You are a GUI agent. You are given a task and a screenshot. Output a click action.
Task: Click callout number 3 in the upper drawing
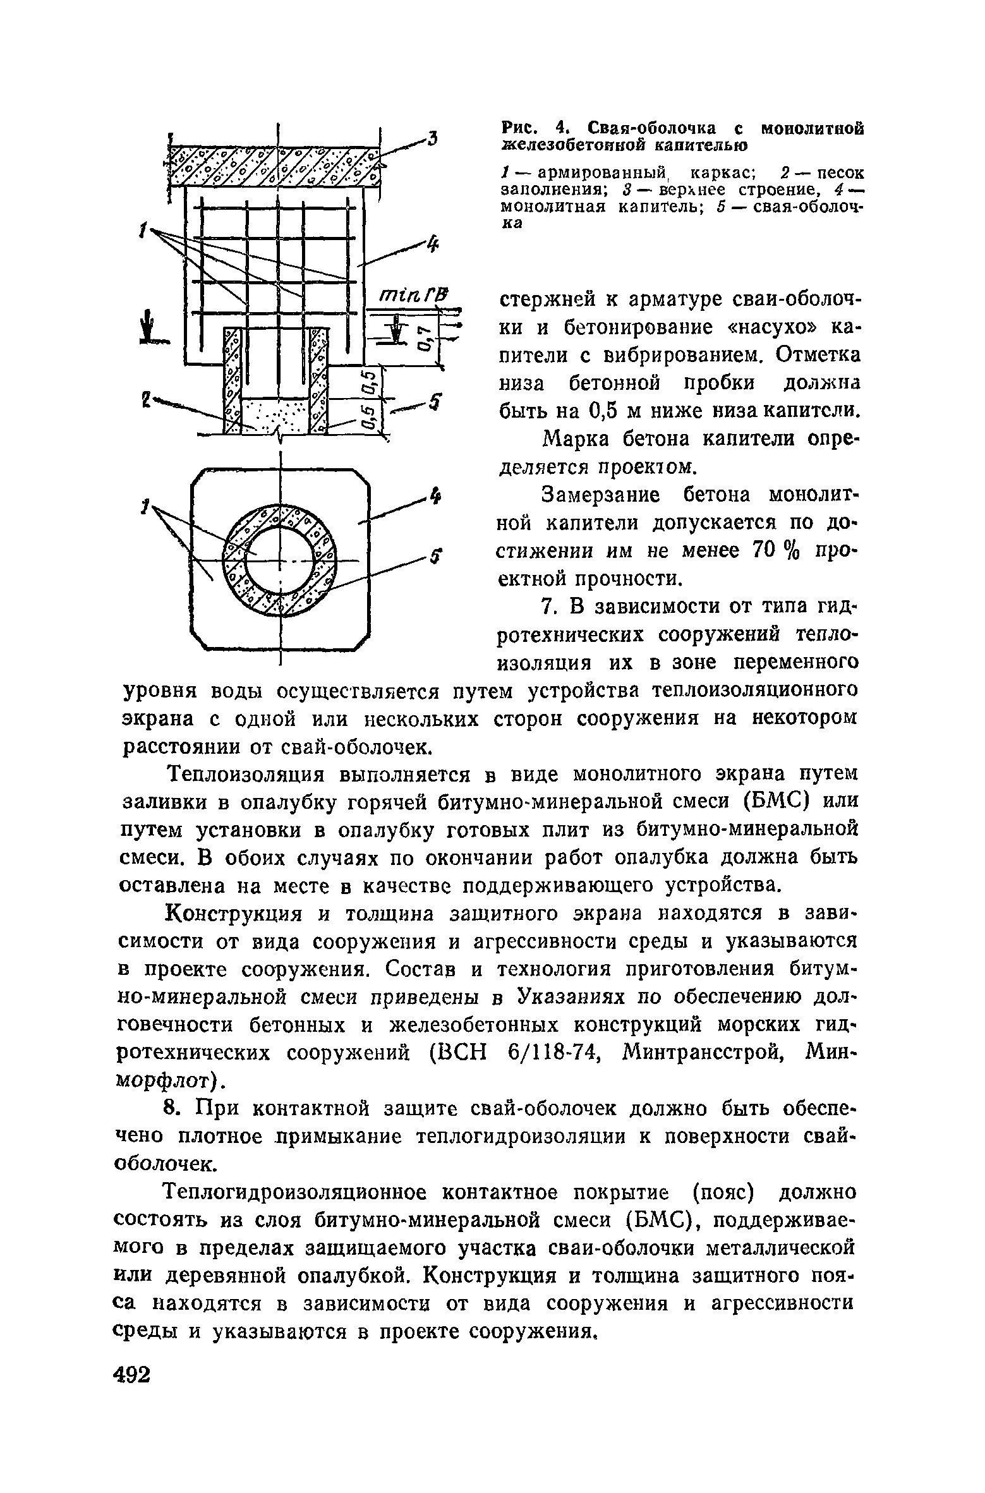click(432, 138)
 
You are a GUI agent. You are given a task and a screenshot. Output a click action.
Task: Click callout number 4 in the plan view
click(435, 497)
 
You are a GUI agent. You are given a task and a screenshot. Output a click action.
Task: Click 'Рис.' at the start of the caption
click(521, 129)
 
